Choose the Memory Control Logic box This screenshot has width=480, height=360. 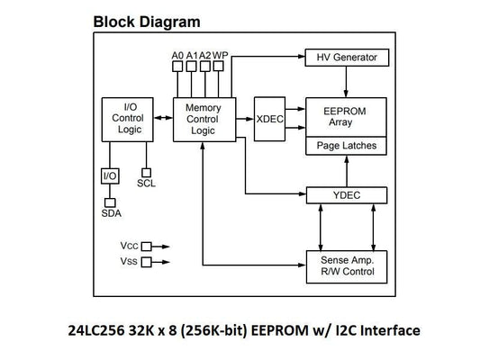203,118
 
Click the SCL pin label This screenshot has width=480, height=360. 146,184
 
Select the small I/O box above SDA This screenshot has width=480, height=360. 110,175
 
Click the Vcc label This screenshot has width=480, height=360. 129,244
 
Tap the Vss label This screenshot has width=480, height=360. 129,261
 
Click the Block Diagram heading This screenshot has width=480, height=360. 147,21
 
